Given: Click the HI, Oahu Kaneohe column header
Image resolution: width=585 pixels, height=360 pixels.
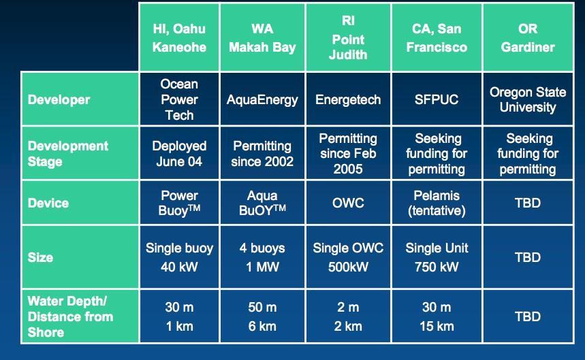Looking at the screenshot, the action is [x=179, y=37].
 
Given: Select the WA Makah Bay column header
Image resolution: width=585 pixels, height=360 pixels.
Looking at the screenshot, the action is [x=262, y=37].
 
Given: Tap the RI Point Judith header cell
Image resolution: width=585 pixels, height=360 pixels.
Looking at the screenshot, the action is [x=348, y=37].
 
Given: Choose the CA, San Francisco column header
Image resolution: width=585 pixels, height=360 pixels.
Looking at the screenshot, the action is [x=437, y=37].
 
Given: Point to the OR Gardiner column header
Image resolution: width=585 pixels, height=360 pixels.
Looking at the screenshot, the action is [x=528, y=37].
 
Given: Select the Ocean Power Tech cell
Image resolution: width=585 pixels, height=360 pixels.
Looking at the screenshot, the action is [x=179, y=99].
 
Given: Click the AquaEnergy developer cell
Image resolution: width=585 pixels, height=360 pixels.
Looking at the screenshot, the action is [x=262, y=99].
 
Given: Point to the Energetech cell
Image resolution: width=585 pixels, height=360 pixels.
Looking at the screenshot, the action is [x=348, y=99].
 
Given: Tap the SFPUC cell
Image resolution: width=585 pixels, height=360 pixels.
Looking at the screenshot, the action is [x=437, y=99].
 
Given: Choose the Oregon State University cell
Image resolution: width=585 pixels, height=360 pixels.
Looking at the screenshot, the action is [x=528, y=99].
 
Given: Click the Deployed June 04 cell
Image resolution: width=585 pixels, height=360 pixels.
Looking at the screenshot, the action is [x=179, y=153].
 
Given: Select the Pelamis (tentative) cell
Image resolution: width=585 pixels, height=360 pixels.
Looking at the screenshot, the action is [x=437, y=203].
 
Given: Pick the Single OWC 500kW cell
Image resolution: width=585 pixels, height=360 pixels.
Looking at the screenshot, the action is [x=348, y=257].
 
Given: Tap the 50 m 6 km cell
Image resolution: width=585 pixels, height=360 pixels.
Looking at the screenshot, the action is [x=262, y=316].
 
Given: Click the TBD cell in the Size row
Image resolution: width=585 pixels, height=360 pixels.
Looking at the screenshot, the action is [x=528, y=257].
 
